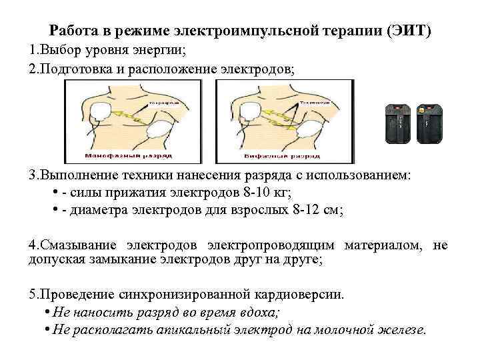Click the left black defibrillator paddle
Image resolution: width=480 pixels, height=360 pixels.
point(399,124)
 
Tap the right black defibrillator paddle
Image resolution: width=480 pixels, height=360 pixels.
point(426,124)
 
